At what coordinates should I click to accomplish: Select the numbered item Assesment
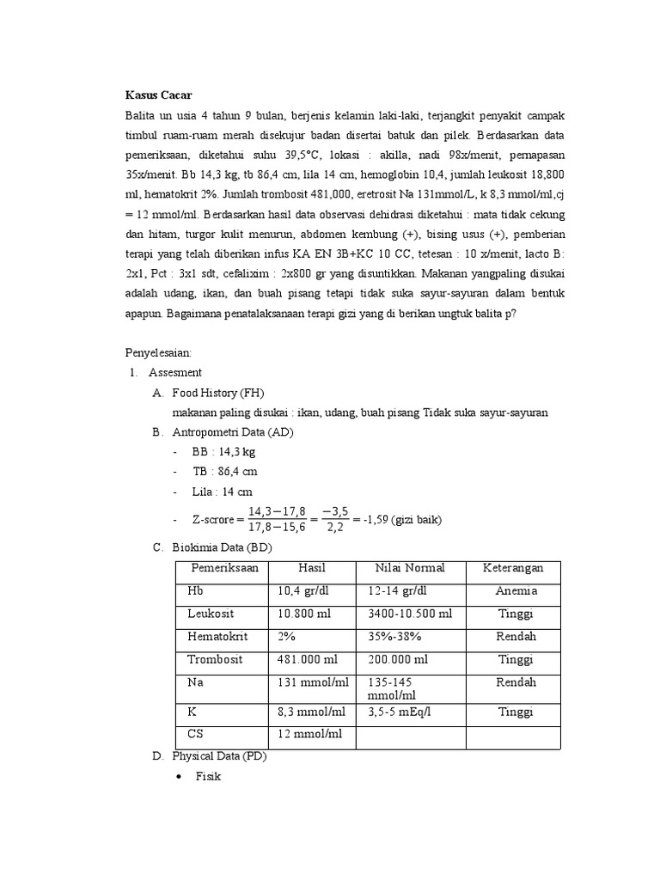coord(175,373)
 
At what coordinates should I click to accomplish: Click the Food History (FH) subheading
coord(218,393)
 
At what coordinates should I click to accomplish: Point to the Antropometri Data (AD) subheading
coord(233,432)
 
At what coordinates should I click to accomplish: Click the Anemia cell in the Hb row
coord(516,591)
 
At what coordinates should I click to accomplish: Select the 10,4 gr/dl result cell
coord(305,591)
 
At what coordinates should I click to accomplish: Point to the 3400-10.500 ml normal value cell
coord(410,614)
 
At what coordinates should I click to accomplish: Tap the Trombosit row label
coord(215,660)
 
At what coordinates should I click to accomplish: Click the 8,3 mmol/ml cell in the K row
coord(311,712)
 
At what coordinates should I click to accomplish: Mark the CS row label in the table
coord(197,735)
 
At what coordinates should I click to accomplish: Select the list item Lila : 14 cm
coord(223,492)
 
